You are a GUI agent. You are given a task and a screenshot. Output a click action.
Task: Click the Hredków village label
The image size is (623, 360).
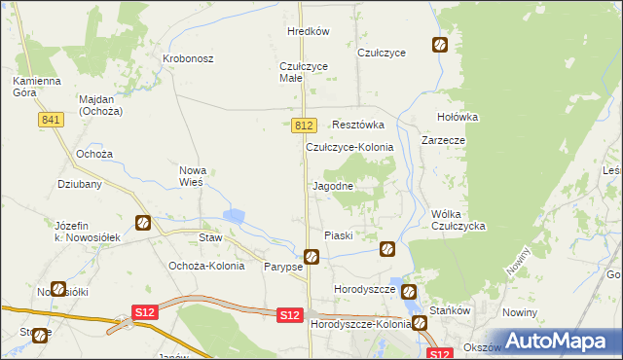(309, 31)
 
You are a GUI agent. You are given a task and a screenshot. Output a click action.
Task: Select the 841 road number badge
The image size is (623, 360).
(53, 119)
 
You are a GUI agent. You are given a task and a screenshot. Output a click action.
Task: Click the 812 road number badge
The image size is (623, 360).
(304, 126)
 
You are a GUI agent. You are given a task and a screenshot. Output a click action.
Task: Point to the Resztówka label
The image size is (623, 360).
(358, 126)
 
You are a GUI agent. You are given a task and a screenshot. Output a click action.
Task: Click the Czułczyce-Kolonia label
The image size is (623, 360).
(349, 147)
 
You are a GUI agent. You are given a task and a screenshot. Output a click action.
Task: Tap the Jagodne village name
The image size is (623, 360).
(332, 185)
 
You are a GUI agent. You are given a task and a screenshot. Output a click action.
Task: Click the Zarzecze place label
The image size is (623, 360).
(443, 140)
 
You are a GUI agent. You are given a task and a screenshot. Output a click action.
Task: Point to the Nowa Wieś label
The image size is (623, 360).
(191, 176)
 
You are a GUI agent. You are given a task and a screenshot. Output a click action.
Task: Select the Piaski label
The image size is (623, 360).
(338, 235)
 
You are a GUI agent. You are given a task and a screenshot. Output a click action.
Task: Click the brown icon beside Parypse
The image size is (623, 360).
(311, 257)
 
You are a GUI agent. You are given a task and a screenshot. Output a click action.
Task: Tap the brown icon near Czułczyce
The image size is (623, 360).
(440, 45)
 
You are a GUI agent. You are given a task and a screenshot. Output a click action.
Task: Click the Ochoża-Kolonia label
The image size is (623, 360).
(206, 266)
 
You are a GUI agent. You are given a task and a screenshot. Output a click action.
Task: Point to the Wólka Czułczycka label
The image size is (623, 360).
(458, 220)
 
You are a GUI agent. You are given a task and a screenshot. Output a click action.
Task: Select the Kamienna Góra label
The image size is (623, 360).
(37, 87)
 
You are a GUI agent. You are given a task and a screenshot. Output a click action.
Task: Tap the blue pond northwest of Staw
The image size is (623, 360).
(235, 216)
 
